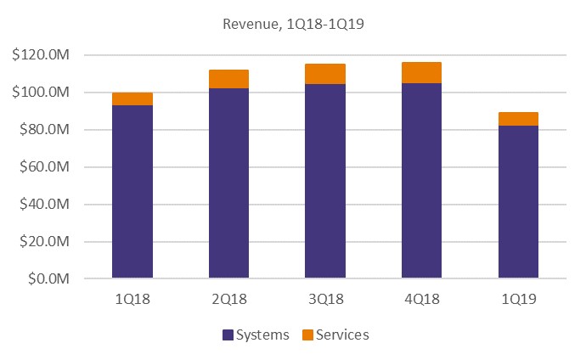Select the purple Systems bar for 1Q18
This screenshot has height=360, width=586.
point(132,191)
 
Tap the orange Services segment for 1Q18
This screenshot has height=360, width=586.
point(132,98)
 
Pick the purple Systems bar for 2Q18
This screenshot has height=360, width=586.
point(228,183)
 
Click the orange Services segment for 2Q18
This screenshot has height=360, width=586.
point(228,79)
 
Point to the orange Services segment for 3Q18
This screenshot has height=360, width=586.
point(325,74)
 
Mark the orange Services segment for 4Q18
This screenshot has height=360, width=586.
point(421,72)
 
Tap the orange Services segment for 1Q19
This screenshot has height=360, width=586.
point(518,119)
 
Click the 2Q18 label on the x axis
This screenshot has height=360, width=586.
point(228,299)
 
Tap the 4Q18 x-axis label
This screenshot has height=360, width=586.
point(421,299)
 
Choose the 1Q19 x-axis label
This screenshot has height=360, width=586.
point(518,299)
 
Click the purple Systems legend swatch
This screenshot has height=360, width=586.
point(228,335)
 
